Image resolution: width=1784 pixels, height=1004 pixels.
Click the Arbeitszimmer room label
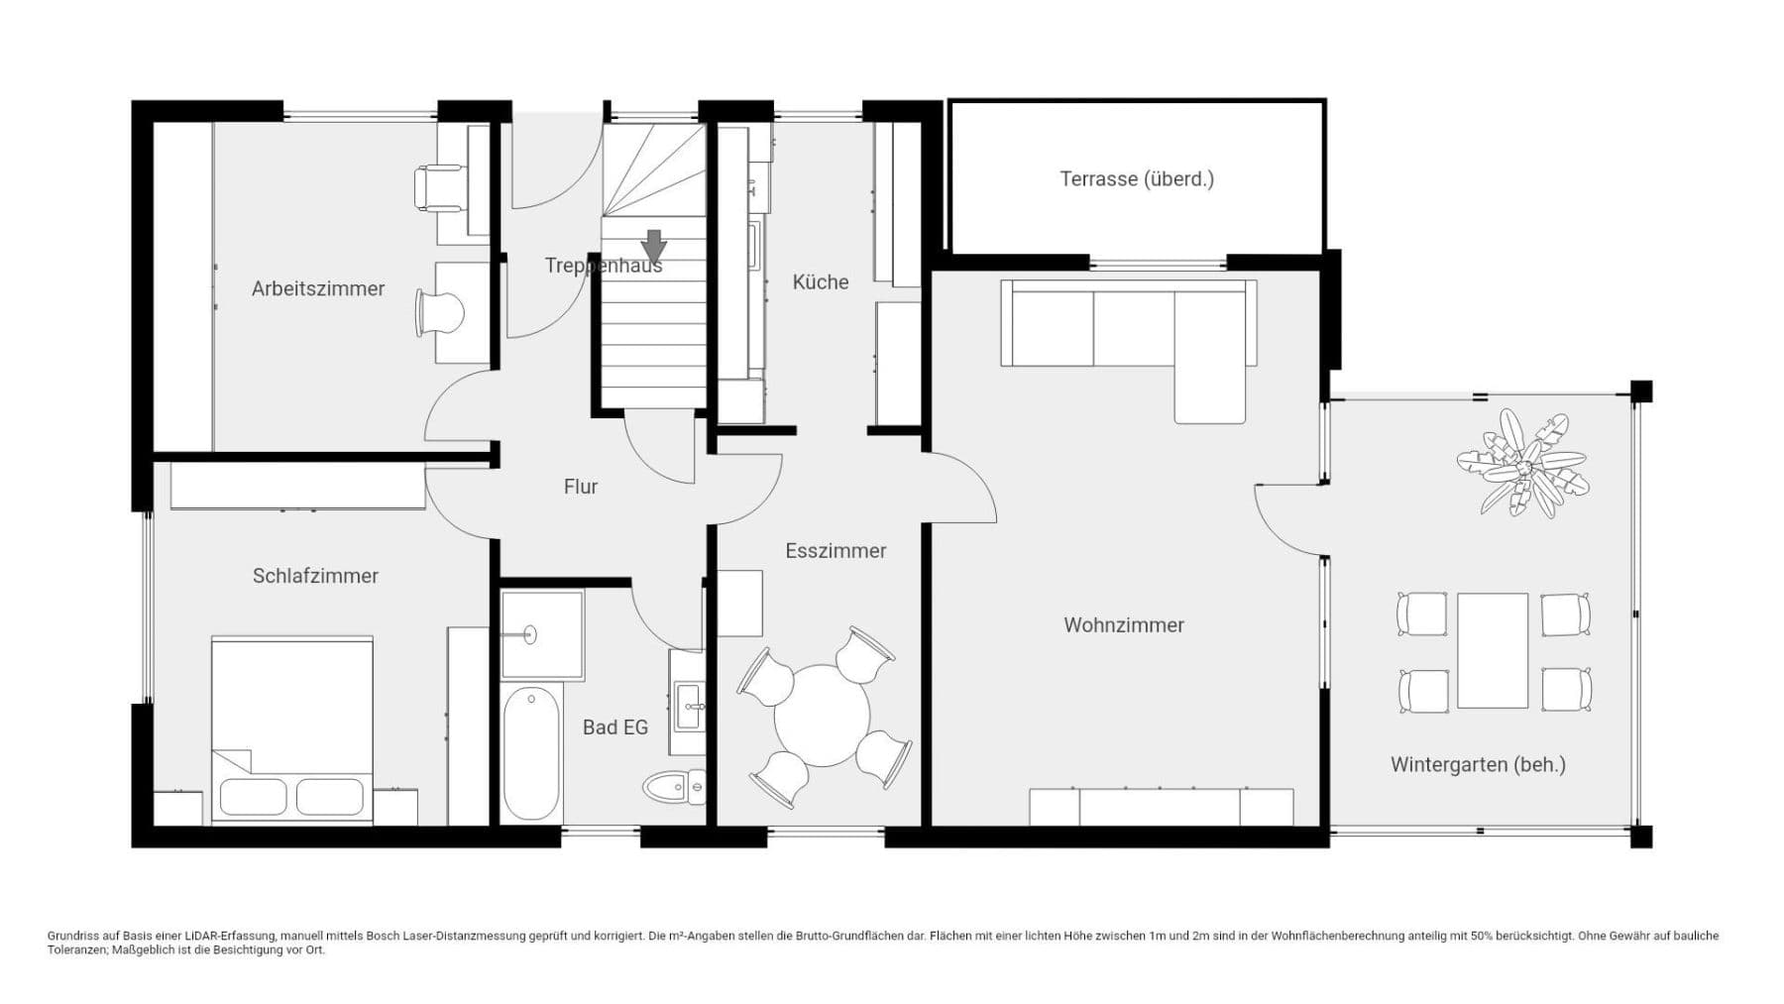(x=317, y=288)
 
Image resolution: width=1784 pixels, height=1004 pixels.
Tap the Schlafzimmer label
(x=315, y=576)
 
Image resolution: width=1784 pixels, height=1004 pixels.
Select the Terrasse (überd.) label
(x=1136, y=179)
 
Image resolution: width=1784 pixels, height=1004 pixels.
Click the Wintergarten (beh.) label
(x=1477, y=764)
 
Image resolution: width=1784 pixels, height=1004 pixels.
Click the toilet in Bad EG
(x=675, y=788)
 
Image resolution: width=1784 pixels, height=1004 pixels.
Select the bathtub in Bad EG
(x=531, y=752)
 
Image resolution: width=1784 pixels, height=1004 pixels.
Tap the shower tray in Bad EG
(x=541, y=634)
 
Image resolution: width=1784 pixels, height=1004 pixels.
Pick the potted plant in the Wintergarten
(x=1521, y=464)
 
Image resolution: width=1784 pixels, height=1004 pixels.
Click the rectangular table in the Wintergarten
(x=1492, y=650)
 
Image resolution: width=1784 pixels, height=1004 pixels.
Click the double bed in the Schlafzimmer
(x=292, y=728)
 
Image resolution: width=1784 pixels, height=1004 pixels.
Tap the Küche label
(x=821, y=282)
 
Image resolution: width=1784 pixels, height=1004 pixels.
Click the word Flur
(x=580, y=487)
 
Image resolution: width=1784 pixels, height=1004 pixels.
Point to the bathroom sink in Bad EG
(x=689, y=705)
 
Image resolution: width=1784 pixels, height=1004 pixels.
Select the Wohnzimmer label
(x=1123, y=625)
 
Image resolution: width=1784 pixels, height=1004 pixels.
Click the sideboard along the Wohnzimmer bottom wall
(x=1160, y=807)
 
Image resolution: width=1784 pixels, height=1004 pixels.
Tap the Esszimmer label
(x=836, y=551)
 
